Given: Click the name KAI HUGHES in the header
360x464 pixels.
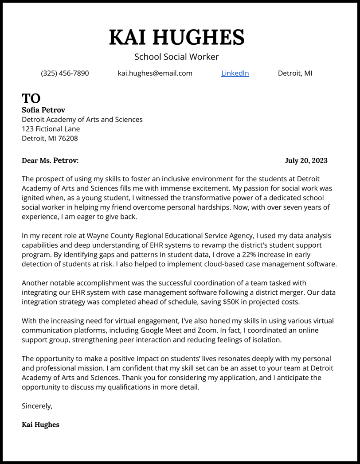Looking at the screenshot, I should point(176,37).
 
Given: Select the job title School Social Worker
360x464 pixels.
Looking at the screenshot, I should point(176,57).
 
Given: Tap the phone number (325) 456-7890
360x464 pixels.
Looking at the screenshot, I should point(65,73).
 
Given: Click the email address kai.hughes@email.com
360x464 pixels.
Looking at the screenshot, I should point(155,73).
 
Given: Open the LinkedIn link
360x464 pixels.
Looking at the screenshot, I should point(235,73).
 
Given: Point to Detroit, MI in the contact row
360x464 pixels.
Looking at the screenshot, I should point(295,73).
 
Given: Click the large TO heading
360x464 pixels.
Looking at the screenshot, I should point(31,98).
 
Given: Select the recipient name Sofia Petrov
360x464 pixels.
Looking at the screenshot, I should point(43,109).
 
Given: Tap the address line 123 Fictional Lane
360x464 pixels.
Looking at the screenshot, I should point(51,129).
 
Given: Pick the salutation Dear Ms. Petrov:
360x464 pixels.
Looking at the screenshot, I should point(50,160).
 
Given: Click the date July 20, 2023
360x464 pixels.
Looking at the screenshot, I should point(306,160).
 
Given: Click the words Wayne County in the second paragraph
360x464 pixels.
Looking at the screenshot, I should point(109,236).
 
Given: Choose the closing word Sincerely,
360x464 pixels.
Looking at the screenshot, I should point(37,406).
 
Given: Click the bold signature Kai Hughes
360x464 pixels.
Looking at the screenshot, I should point(40,425).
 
